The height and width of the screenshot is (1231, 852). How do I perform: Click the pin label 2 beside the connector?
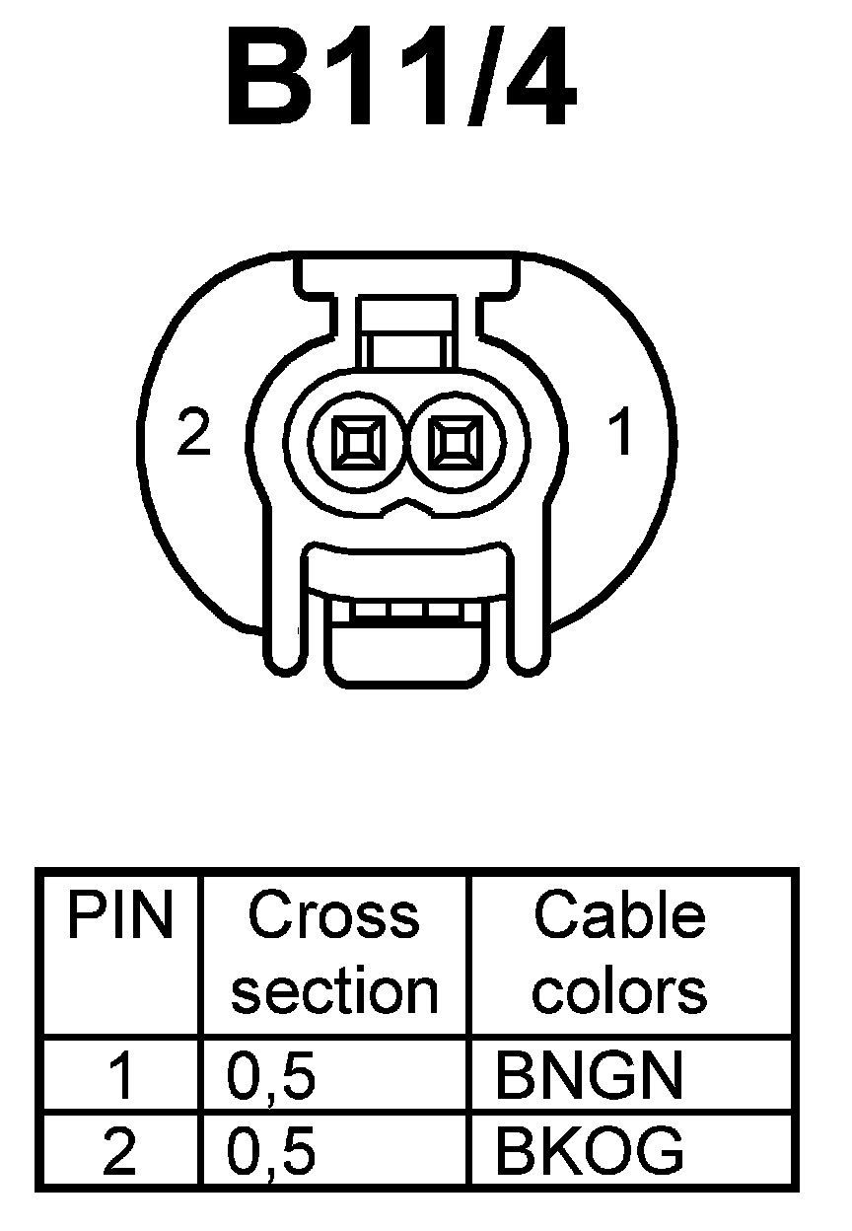tap(194, 433)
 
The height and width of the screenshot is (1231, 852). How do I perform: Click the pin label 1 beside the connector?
tap(620, 433)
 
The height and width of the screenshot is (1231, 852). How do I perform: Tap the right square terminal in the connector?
tap(454, 440)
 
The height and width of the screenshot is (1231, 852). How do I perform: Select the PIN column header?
tap(119, 916)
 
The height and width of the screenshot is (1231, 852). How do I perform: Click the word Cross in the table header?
tap(333, 916)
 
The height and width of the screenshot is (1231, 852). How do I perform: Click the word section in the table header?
tap(333, 990)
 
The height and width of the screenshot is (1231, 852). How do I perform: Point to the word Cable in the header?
tap(620, 916)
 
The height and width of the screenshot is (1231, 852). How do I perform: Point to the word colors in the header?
tap(620, 990)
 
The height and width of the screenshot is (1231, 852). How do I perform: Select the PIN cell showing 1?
tap(119, 1076)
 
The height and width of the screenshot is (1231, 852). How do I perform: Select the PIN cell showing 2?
tap(119, 1150)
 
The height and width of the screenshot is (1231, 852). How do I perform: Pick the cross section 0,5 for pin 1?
tap(271, 1076)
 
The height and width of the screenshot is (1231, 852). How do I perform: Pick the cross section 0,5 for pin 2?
tap(271, 1150)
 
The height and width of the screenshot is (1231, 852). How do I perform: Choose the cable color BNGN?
tap(588, 1076)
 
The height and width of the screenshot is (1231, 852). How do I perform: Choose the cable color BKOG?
tap(589, 1150)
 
